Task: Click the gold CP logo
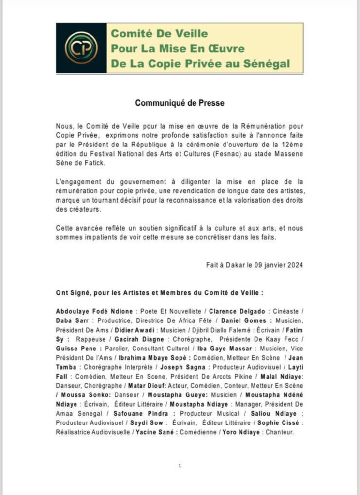(81, 47)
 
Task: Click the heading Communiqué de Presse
(180, 103)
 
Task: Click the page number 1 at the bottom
(180, 466)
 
